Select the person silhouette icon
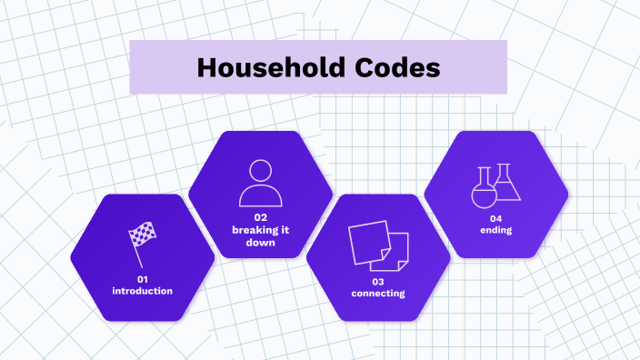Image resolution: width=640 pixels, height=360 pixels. coord(260,183)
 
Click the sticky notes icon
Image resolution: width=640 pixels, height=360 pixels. coord(378,245)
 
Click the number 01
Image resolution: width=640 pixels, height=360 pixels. coord(142,278)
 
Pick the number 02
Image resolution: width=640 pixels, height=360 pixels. coord(260,217)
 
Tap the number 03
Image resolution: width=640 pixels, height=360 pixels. coord(378,281)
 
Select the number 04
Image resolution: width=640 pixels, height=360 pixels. coord(496,218)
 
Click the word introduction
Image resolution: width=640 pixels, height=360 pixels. coord(142,291)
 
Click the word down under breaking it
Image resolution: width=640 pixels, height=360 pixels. coord(260,243)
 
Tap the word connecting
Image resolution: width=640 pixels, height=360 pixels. coord(378,294)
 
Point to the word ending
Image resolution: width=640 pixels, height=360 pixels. coord(496,231)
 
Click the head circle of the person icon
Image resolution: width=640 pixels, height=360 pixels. coord(260,170)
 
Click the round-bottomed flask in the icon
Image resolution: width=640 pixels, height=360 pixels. coord(483,190)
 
